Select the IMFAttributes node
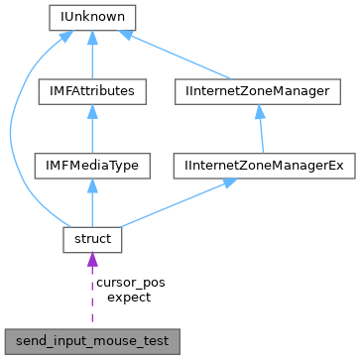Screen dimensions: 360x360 [x=92, y=91]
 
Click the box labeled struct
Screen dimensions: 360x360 [x=92, y=239]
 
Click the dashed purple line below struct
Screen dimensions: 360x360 [x=92, y=298]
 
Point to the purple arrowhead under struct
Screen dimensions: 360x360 [x=92, y=261]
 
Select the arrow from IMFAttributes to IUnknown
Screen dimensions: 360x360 [x=92, y=55]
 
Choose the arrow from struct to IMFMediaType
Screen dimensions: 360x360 [x=92, y=202]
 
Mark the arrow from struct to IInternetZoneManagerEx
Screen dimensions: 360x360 [x=179, y=202]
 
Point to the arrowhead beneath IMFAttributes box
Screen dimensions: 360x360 [x=92, y=112]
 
